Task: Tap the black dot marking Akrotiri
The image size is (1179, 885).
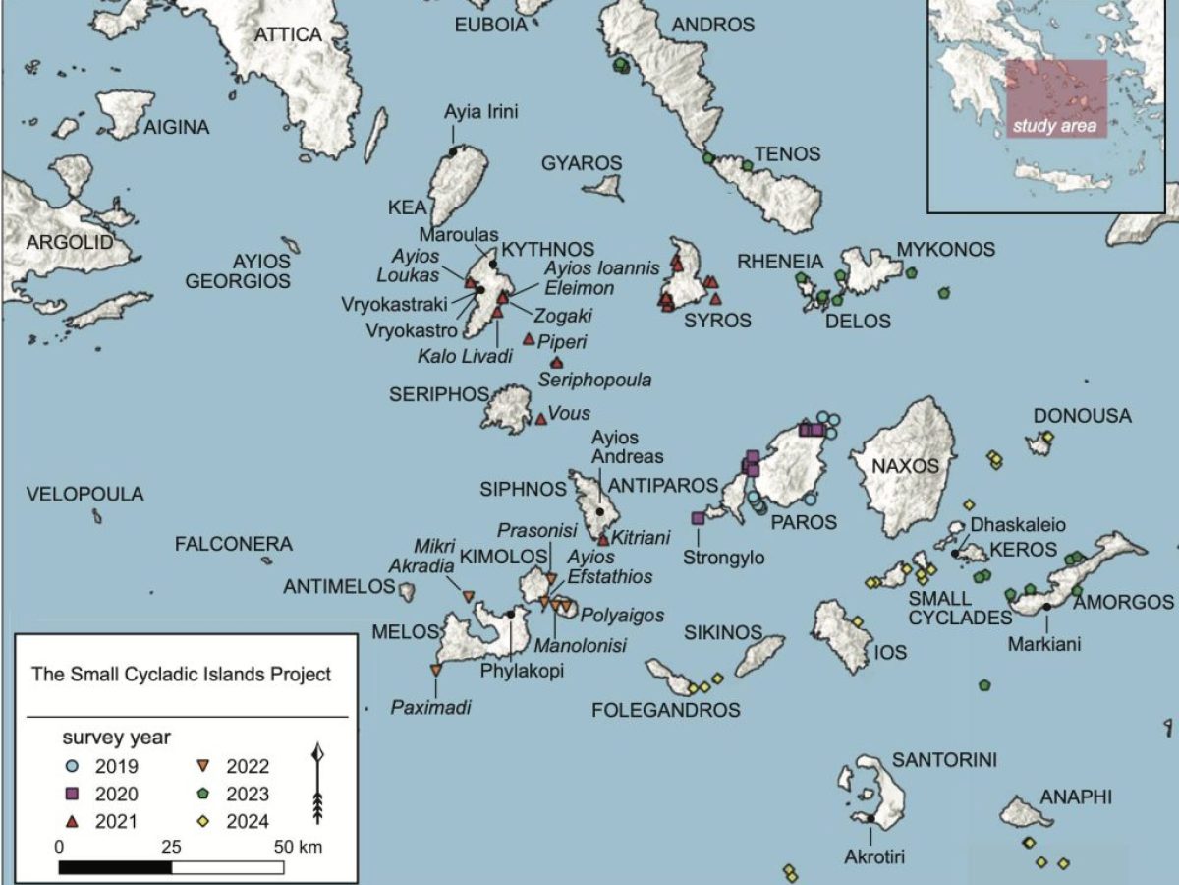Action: [x=871, y=818]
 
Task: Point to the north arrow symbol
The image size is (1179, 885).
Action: [x=317, y=784]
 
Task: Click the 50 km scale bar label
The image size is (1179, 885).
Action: [x=297, y=847]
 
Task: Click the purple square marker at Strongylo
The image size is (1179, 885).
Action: [x=698, y=517]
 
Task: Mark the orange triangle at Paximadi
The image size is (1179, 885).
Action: [x=435, y=670]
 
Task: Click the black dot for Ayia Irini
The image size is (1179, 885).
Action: [x=453, y=150]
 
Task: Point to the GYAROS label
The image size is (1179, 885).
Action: [x=582, y=162]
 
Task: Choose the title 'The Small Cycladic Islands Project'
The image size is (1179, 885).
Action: [x=182, y=675]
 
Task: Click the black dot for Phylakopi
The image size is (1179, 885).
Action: [x=510, y=614]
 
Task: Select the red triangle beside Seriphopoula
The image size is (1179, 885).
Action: [x=557, y=363]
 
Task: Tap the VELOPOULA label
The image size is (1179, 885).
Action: [x=84, y=494]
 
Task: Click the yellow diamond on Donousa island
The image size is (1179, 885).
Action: [x=1048, y=437]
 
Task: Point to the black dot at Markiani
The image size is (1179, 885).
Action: [x=1047, y=606]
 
